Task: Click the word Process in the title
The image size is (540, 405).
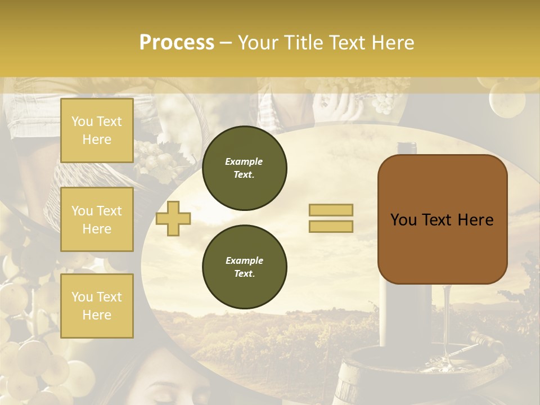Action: pos(177,43)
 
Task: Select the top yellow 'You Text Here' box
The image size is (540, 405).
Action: pos(97,130)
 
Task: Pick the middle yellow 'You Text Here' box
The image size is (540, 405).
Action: pos(97,219)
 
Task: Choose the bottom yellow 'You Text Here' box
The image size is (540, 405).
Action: pos(97,305)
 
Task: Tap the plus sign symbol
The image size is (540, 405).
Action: pos(173,218)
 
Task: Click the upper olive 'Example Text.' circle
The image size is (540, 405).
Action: pos(244,168)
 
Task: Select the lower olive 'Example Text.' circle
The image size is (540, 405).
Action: pos(244,267)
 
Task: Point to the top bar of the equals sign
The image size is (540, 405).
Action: pos(331,210)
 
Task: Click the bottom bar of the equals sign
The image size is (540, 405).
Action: pos(331,226)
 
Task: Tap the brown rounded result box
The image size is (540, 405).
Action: pos(442,219)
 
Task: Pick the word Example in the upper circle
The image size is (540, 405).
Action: pos(244,161)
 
